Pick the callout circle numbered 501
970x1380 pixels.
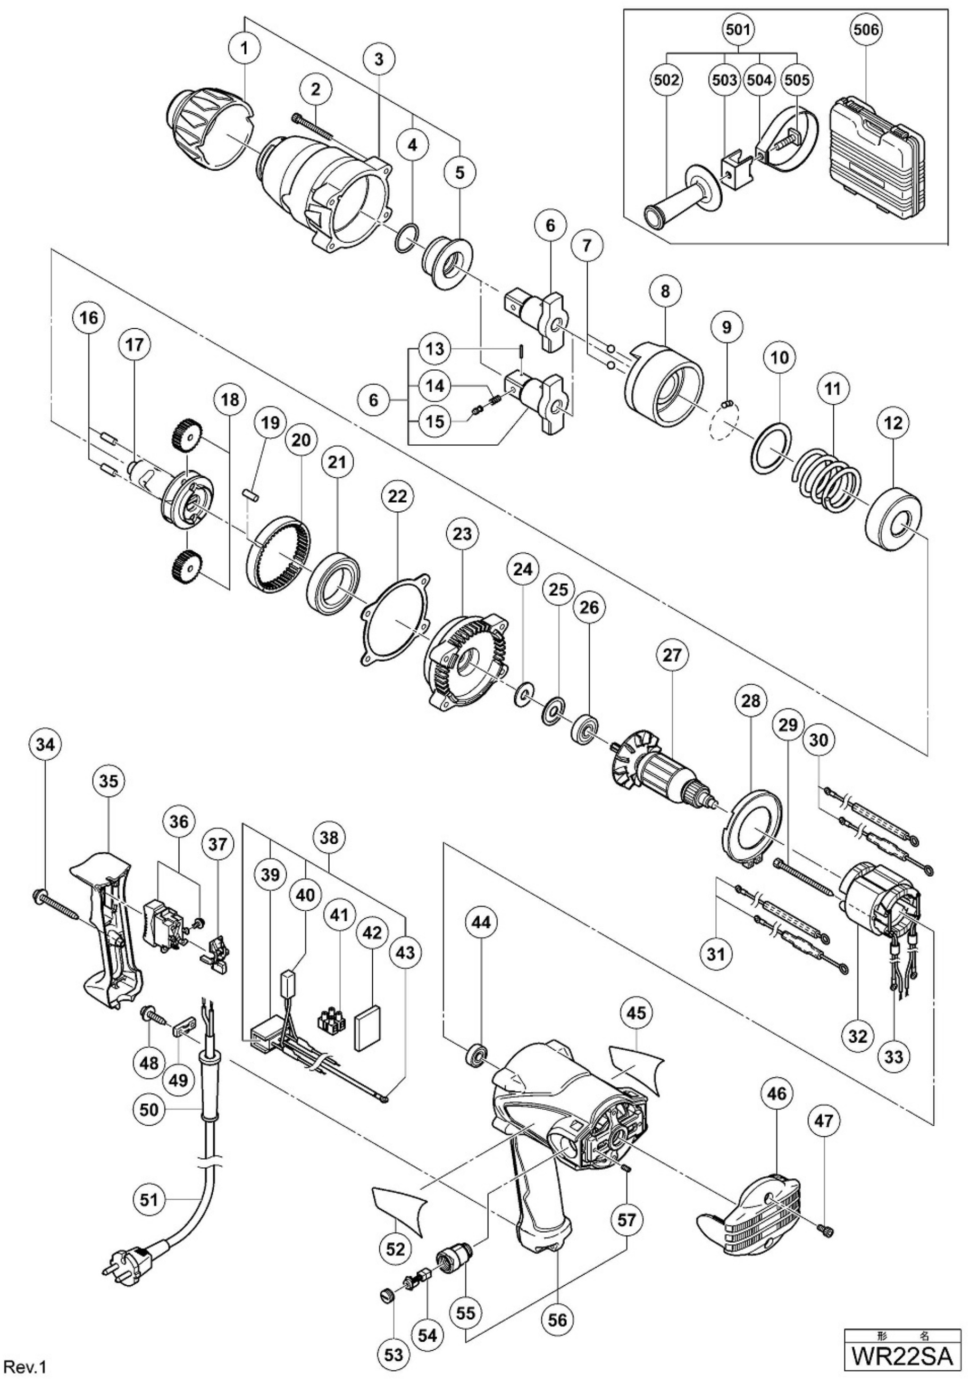click(x=739, y=29)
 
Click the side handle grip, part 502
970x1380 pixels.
click(x=680, y=199)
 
